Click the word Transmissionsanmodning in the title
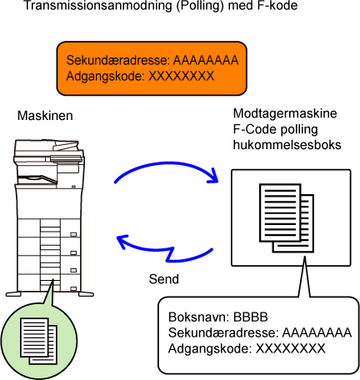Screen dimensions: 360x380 (x=97, y=5)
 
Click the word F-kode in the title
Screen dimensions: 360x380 (x=277, y=5)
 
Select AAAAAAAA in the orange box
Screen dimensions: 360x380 (x=206, y=60)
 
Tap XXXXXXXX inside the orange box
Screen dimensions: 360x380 (x=182, y=76)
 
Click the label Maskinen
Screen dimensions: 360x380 (x=45, y=116)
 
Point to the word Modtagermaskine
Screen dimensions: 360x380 (x=285, y=113)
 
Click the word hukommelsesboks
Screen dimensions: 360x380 (x=287, y=145)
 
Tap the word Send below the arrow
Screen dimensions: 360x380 (x=163, y=279)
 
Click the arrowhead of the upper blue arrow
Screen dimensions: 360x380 (x=213, y=176)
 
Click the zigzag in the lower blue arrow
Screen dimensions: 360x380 (x=170, y=254)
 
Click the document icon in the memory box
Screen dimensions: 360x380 (x=287, y=218)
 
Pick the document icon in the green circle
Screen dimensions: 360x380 (x=38, y=341)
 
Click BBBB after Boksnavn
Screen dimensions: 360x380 (x=251, y=317)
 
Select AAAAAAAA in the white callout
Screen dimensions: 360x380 (x=317, y=332)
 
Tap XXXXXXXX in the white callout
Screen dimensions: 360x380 (x=290, y=348)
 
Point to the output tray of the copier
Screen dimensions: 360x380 (x=37, y=179)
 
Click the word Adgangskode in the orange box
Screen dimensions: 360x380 (x=105, y=76)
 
